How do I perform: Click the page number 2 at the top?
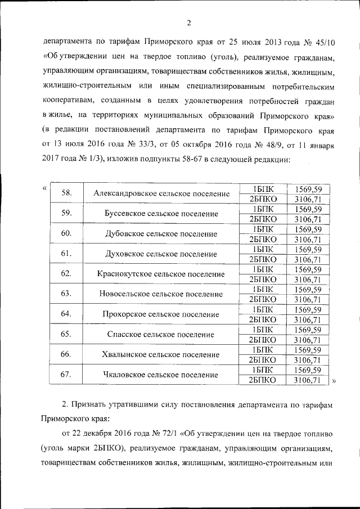point(189,22)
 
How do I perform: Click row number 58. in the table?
point(66,193)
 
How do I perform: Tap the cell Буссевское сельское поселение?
point(161,214)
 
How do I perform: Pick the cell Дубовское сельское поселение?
point(161,234)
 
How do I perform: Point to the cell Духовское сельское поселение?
point(161,254)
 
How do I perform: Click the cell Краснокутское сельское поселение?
point(161,274)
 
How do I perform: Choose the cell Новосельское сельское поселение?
point(161,294)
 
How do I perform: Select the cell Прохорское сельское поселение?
point(161,314)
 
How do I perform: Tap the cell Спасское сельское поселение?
point(161,335)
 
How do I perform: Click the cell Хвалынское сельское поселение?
point(161,355)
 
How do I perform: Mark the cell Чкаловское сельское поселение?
point(161,375)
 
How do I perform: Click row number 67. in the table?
point(66,374)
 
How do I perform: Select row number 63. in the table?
point(66,294)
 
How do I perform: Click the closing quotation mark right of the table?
point(334,381)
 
